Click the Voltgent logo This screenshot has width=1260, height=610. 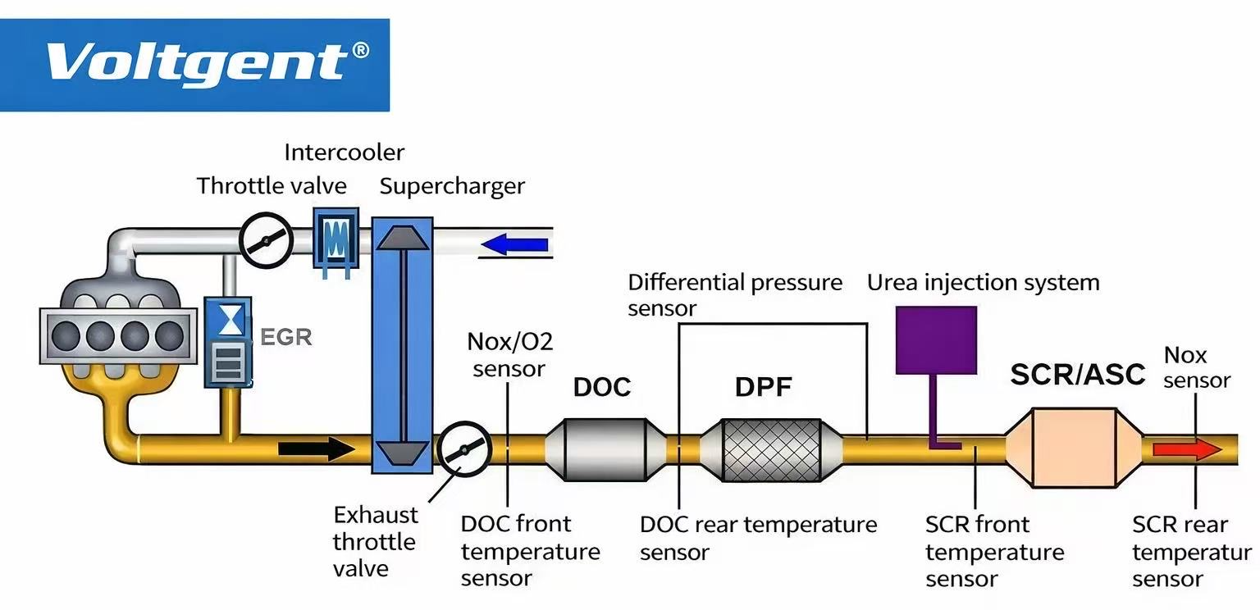pyautogui.click(x=194, y=64)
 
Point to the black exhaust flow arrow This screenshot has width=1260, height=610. pyautogui.click(x=317, y=448)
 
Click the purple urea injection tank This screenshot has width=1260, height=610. pyautogui.click(x=936, y=339)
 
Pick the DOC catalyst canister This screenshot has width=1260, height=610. pyautogui.click(x=605, y=448)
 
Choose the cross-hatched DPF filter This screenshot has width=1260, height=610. pyautogui.click(x=771, y=449)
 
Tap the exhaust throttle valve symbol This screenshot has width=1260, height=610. pyautogui.click(x=463, y=449)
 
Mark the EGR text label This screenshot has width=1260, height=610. pyautogui.click(x=285, y=337)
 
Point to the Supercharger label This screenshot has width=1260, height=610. pyautogui.click(x=452, y=186)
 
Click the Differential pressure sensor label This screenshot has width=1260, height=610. pyautogui.click(x=734, y=295)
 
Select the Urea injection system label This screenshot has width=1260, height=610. pyautogui.click(x=983, y=283)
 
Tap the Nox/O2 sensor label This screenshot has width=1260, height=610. pyautogui.click(x=509, y=354)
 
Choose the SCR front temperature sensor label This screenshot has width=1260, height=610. pyautogui.click(x=994, y=551)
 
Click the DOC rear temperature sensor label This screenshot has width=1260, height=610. pyautogui.click(x=758, y=538)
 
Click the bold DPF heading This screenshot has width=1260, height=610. pyautogui.click(x=763, y=387)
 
